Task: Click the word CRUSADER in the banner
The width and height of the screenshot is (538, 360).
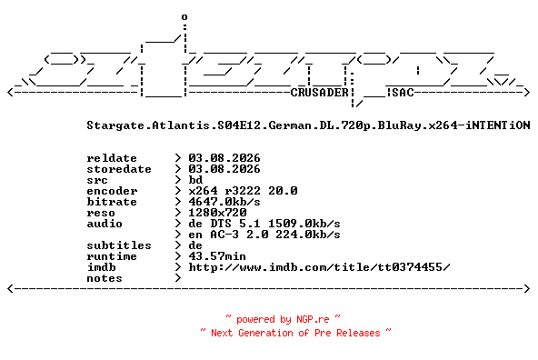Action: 320,93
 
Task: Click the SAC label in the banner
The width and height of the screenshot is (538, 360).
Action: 403,93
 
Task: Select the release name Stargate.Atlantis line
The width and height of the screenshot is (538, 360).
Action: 308,125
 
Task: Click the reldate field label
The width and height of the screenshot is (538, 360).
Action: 112,158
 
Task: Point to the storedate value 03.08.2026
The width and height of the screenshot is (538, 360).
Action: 224,169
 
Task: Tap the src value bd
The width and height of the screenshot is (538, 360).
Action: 195,180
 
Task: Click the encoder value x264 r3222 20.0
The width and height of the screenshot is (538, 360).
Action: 243,191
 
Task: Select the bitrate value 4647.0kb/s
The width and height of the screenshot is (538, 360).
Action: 224,202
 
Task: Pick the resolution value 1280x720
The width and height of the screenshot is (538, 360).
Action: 217,213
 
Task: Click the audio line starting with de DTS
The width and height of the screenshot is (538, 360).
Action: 264,224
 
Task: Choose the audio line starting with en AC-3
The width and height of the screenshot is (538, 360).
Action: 264,235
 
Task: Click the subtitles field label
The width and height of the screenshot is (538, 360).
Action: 119,245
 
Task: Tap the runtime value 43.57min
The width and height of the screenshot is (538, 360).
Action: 217,256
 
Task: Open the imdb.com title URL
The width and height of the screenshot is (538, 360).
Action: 319,267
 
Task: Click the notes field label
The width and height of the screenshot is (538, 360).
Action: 105,278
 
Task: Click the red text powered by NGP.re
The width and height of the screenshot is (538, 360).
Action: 283,319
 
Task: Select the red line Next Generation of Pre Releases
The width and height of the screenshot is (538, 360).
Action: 295,333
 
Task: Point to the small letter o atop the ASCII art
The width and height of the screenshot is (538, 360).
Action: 184,16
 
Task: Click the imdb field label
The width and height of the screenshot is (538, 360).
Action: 101,267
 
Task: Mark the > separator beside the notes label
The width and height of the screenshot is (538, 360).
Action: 178,278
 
